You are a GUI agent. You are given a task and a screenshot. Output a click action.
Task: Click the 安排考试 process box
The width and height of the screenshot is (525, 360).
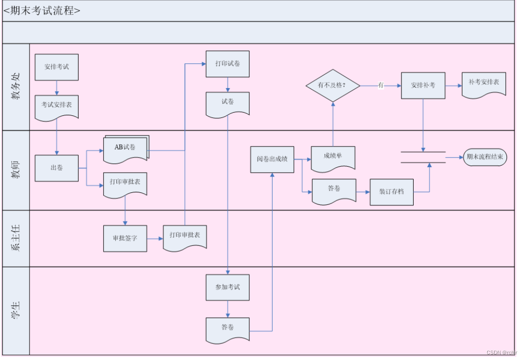[x=56, y=67]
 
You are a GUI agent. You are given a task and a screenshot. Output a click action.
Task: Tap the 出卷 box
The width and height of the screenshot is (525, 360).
[x=56, y=168]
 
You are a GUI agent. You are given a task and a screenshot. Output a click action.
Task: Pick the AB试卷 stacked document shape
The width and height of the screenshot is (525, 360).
[x=126, y=149]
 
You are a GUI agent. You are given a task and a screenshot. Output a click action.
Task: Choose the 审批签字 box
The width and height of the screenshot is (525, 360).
[x=125, y=239]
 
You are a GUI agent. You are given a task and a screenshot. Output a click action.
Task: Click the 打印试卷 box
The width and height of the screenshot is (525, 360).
[x=228, y=64]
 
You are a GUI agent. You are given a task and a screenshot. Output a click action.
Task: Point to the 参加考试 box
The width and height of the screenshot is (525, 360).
[x=228, y=287]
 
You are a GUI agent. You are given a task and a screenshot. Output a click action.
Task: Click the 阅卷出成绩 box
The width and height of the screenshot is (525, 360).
[x=272, y=160]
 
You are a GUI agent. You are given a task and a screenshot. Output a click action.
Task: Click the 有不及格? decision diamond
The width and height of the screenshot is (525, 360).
[x=333, y=86]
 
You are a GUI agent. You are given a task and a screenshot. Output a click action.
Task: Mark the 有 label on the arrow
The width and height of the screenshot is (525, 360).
[x=381, y=85]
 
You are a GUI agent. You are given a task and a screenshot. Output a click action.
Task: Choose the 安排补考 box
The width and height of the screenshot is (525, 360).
[x=423, y=86]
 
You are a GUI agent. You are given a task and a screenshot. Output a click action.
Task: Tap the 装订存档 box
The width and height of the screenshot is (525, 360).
[x=392, y=192]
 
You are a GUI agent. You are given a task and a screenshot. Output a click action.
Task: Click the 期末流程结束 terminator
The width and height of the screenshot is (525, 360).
[x=485, y=157]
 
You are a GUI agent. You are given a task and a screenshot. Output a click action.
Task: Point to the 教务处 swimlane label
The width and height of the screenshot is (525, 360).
[x=16, y=87]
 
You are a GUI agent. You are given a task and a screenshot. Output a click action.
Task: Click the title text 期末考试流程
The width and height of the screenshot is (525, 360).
[x=42, y=11]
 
